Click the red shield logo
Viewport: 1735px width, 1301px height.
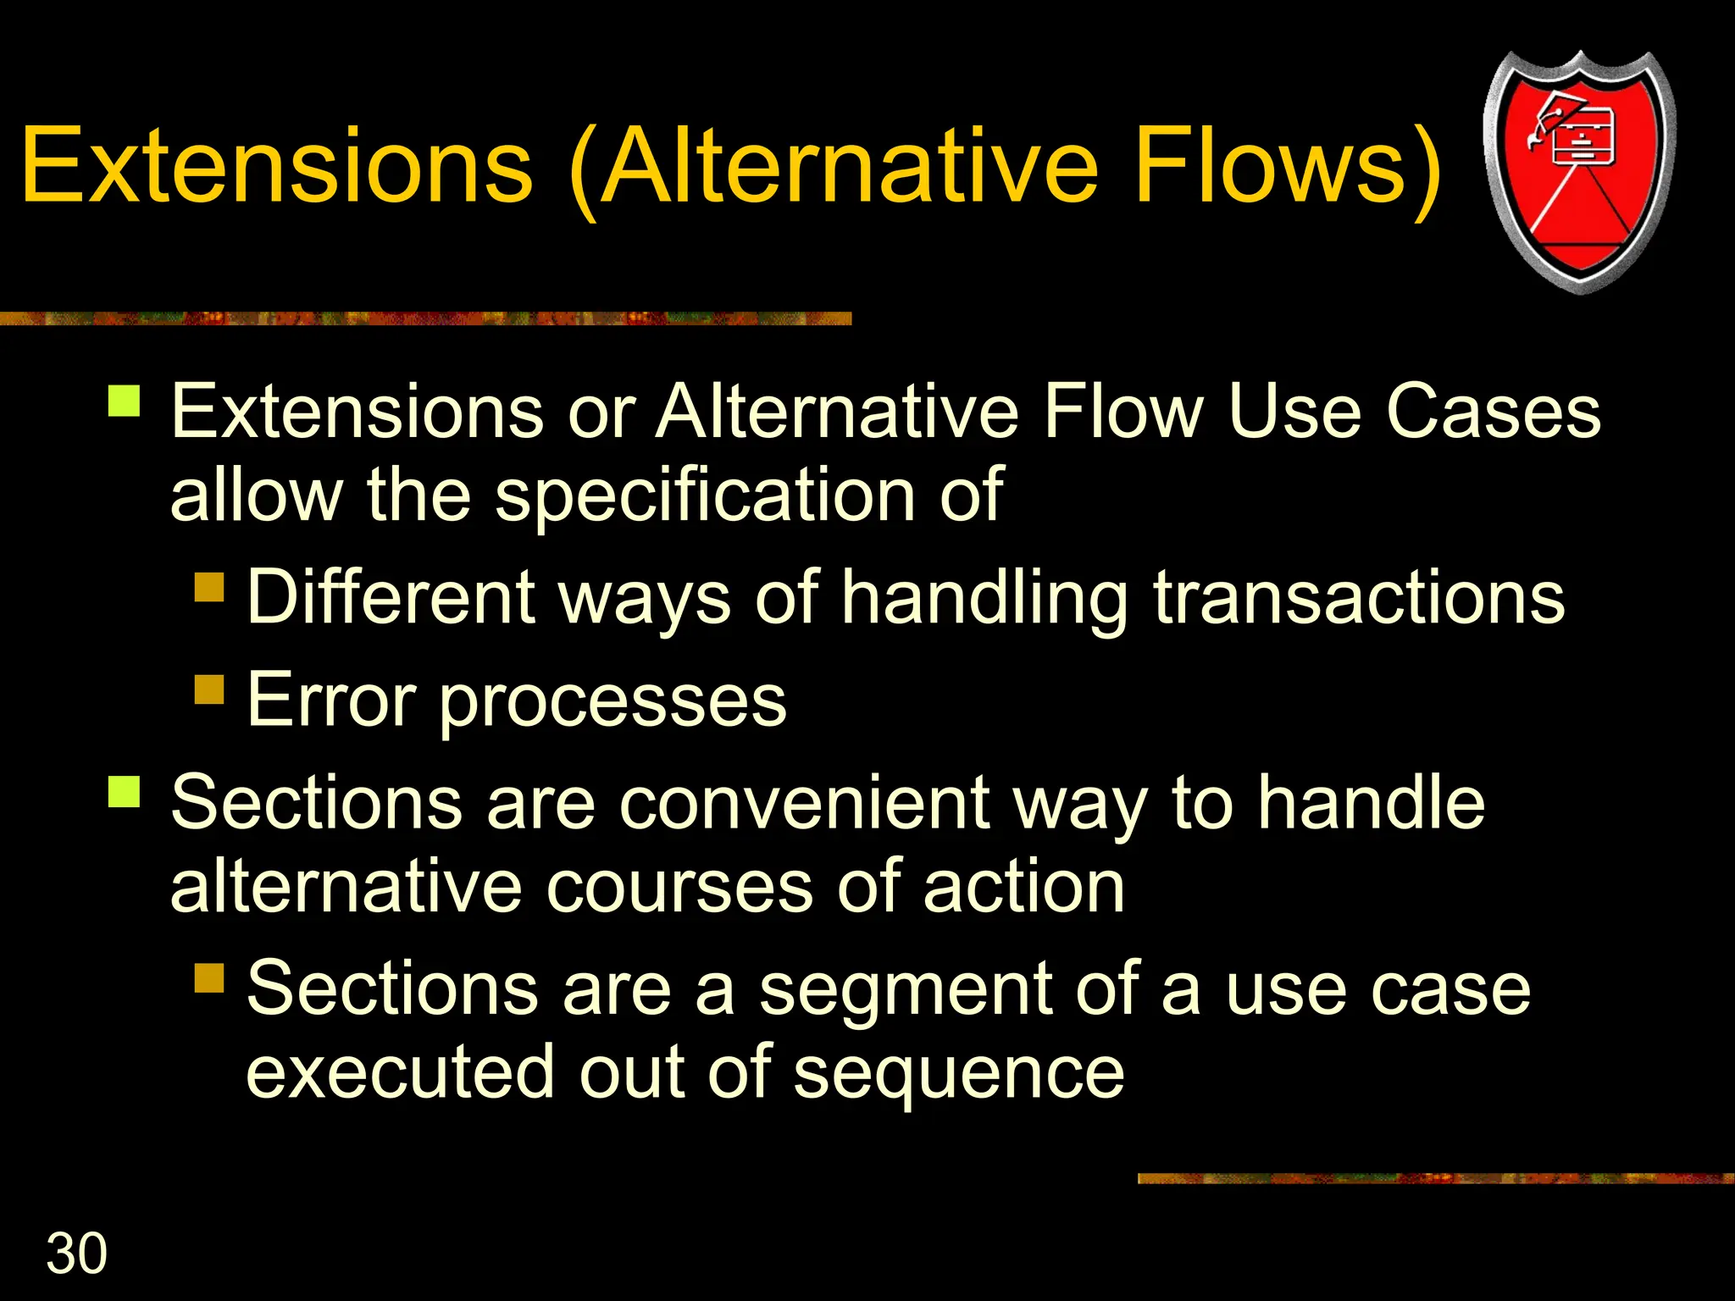click(x=1579, y=171)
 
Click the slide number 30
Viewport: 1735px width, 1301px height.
click(x=76, y=1254)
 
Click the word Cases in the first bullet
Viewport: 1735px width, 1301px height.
click(x=1493, y=412)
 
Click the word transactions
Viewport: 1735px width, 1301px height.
click(x=1359, y=598)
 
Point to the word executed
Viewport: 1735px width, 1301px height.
click(x=400, y=1073)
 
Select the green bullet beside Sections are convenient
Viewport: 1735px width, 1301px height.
click(x=125, y=791)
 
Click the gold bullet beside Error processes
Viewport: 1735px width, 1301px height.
click(x=209, y=689)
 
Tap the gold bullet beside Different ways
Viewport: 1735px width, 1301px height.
click(x=209, y=586)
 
